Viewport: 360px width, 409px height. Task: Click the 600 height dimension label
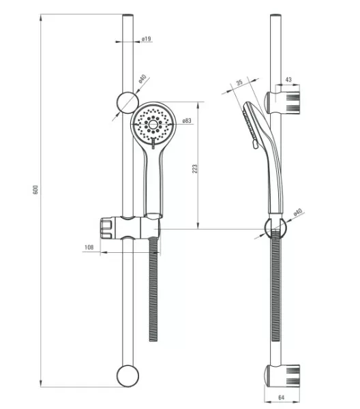click(35, 190)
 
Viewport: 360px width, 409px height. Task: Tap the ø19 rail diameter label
click(147, 39)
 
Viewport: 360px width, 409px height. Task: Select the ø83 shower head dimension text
click(187, 121)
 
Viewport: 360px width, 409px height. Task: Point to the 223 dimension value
click(195, 169)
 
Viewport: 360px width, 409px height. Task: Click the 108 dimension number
click(89, 247)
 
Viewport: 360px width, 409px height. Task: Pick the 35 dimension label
click(239, 82)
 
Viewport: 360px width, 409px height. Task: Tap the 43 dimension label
click(288, 79)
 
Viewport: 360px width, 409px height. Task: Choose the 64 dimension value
click(281, 397)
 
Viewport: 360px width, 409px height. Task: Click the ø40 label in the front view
click(142, 78)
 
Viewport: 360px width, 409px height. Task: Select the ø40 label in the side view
click(298, 212)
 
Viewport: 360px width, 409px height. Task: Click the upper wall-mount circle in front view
click(127, 102)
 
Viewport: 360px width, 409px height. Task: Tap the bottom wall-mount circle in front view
click(127, 376)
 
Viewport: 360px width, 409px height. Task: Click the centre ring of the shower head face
click(153, 124)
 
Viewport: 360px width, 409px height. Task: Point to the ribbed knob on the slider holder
click(106, 228)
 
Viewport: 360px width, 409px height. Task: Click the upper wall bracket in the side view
click(282, 103)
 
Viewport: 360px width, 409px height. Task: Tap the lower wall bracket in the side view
click(282, 375)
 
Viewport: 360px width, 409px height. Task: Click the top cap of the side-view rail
click(275, 16)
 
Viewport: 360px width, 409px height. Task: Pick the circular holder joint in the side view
click(275, 228)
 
